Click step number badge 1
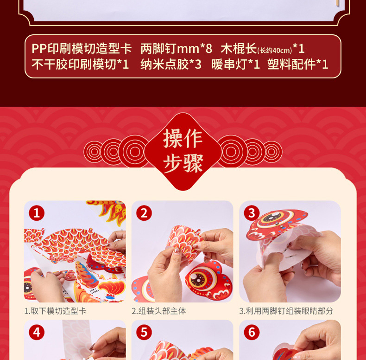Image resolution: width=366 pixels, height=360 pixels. (x=37, y=213)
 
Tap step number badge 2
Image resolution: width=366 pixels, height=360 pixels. (x=144, y=213)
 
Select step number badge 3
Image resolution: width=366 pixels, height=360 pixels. (x=252, y=213)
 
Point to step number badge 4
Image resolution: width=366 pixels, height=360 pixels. (x=37, y=332)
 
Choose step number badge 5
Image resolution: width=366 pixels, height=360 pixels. (x=144, y=332)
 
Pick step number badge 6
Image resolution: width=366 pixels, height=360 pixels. (x=252, y=332)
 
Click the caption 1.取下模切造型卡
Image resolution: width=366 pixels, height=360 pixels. (x=55, y=311)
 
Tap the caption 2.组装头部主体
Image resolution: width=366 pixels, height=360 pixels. (x=159, y=311)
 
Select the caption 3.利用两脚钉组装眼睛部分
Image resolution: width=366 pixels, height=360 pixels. (x=286, y=311)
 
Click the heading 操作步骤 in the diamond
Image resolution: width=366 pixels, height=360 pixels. (x=183, y=151)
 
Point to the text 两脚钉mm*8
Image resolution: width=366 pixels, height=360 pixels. (x=176, y=49)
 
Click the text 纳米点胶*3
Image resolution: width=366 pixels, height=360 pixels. (x=170, y=64)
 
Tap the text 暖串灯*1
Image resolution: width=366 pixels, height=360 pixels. (x=235, y=64)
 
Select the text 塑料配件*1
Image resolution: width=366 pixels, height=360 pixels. (x=297, y=64)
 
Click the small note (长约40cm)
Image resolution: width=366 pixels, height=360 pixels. (x=274, y=51)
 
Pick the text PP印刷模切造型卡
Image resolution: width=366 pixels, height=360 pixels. (x=82, y=49)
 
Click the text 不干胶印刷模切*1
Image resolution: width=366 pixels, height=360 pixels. (x=80, y=64)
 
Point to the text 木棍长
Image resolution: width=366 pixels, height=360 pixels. (x=239, y=49)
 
